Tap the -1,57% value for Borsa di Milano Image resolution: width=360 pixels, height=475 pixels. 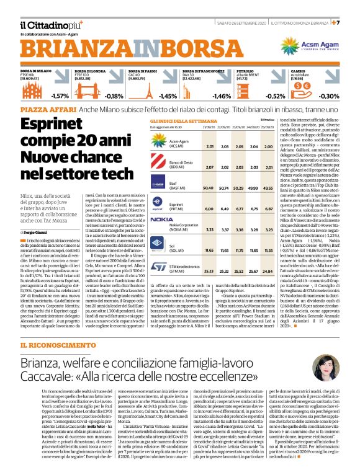60,96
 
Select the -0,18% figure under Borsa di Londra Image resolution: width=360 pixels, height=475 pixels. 115,96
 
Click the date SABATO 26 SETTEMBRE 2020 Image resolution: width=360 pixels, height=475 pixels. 240,22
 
